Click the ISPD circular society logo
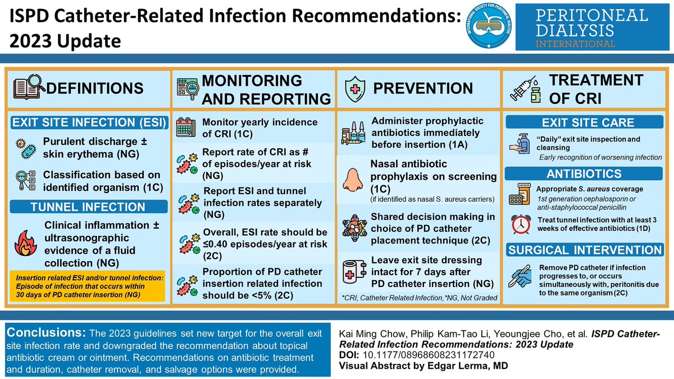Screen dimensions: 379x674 click(x=490, y=29)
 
